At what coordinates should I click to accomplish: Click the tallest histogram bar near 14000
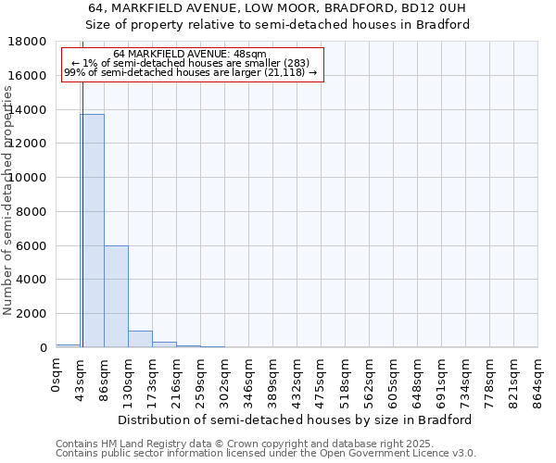pyautogui.click(x=92, y=231)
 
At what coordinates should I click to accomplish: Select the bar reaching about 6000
pyautogui.click(x=116, y=296)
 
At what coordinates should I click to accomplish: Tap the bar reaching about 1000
pyautogui.click(x=140, y=339)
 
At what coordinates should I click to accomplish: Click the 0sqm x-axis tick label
pyautogui.click(x=57, y=378)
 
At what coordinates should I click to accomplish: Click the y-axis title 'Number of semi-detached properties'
pyautogui.click(x=8, y=220)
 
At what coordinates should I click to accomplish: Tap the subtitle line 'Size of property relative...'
pyautogui.click(x=278, y=24)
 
